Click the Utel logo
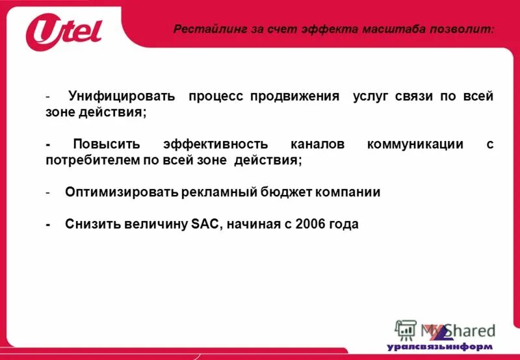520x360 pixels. point(64,31)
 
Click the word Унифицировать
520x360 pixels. point(122,96)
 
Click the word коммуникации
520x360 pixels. point(415,144)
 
